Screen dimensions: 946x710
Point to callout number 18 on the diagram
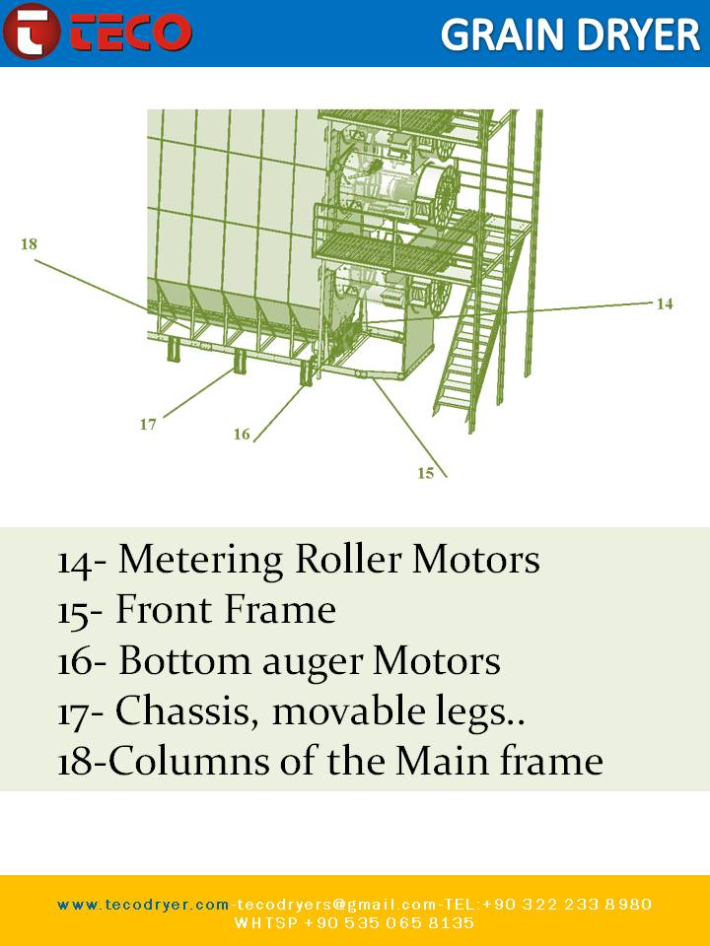(29, 243)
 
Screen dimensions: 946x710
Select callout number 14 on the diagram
(665, 304)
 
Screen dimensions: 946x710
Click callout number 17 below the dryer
(148, 425)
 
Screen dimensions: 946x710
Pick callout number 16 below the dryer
(242, 435)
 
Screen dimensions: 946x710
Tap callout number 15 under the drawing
(425, 473)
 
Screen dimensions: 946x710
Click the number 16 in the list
(75, 662)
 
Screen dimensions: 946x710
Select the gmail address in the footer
(328, 905)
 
